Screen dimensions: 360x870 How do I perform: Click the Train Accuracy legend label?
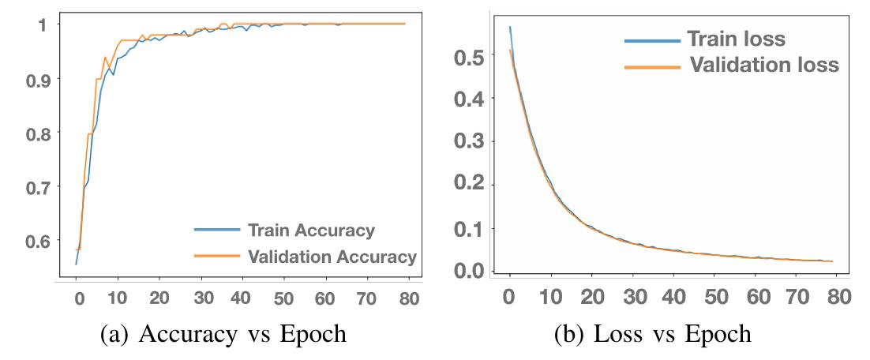coord(311,231)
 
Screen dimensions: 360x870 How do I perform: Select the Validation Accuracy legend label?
coord(332,257)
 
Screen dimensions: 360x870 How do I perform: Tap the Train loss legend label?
coord(736,39)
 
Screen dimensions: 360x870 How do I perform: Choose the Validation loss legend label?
coord(764,65)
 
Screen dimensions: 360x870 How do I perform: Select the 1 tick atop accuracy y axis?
coord(41,24)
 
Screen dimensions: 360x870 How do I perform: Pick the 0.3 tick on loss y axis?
coord(468,143)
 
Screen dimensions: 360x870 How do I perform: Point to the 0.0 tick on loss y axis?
coord(468,270)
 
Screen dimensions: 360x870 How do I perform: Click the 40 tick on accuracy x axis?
coord(244,300)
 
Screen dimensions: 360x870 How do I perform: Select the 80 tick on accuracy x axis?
coord(408,300)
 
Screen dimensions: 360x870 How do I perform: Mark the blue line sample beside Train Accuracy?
coord(216,230)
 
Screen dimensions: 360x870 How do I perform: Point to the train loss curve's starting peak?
coord(510,27)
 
